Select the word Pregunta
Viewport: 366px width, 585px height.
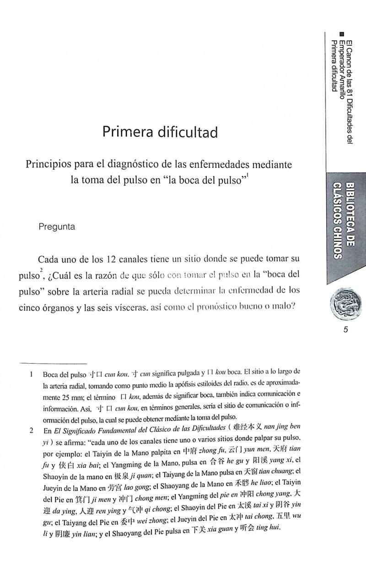[x=57, y=226]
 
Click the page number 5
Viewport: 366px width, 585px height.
[x=346, y=331]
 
